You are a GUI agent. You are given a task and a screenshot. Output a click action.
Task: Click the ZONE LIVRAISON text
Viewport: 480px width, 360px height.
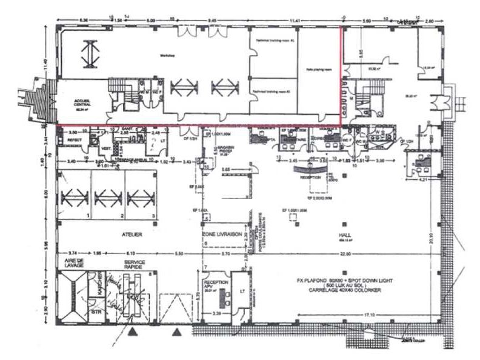222,234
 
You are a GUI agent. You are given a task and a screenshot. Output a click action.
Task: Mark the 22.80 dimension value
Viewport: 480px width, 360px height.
346,253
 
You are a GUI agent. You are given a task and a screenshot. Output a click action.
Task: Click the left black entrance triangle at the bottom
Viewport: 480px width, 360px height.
132,331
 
